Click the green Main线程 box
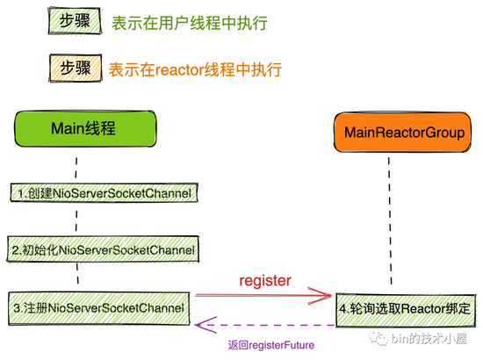point(85,128)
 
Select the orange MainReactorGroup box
point(402,132)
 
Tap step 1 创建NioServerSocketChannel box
point(105,193)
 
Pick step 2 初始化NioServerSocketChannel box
point(103,249)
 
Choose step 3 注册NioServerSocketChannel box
point(99,308)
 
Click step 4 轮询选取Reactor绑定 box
point(406,310)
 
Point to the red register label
point(265,281)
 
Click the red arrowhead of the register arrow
point(321,296)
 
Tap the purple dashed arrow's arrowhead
point(205,325)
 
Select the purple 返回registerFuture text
point(271,345)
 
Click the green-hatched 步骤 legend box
point(75,20)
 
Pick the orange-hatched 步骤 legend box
point(76,68)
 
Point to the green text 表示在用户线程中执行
point(190,23)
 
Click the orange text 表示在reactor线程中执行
point(195,69)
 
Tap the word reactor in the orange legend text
point(179,70)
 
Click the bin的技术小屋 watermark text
point(429,338)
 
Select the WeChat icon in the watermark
point(378,338)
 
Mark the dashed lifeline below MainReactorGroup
point(390,220)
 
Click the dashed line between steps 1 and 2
point(76,220)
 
